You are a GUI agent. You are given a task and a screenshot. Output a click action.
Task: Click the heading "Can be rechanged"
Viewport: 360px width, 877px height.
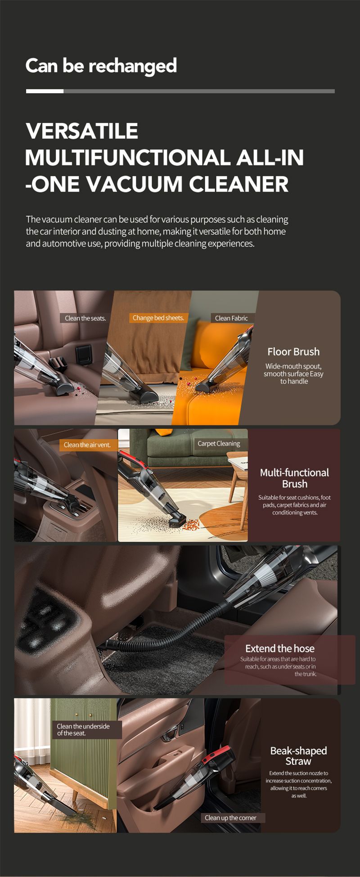[x=101, y=66]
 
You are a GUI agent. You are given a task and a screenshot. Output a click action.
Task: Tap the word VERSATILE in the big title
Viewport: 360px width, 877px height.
[x=82, y=131]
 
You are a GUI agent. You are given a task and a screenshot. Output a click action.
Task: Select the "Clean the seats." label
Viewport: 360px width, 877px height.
[x=85, y=318]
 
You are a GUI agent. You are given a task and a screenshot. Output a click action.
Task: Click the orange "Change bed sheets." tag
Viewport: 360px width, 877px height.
[x=158, y=318]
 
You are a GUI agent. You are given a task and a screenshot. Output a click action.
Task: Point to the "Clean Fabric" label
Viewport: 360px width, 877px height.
[x=231, y=318]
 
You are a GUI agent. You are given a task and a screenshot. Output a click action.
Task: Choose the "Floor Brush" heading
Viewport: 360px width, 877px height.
[x=293, y=352]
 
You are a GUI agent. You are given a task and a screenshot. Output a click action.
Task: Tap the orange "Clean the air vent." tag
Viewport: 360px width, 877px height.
[x=87, y=445]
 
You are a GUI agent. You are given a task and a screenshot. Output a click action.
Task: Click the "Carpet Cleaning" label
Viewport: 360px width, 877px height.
[x=219, y=444]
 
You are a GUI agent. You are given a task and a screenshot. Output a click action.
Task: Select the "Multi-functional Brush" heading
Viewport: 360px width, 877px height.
[x=294, y=478]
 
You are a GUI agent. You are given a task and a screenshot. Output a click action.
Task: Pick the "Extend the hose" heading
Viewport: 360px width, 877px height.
[x=280, y=648]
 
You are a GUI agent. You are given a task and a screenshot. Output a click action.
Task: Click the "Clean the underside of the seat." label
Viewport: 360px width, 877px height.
[x=87, y=729]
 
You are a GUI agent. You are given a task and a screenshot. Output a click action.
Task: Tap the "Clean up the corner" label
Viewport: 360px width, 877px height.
[x=230, y=818]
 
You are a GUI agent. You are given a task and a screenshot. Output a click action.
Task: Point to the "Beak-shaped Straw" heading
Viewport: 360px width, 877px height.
[x=298, y=756]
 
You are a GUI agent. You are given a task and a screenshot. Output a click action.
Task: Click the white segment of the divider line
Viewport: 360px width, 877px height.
[x=45, y=91]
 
